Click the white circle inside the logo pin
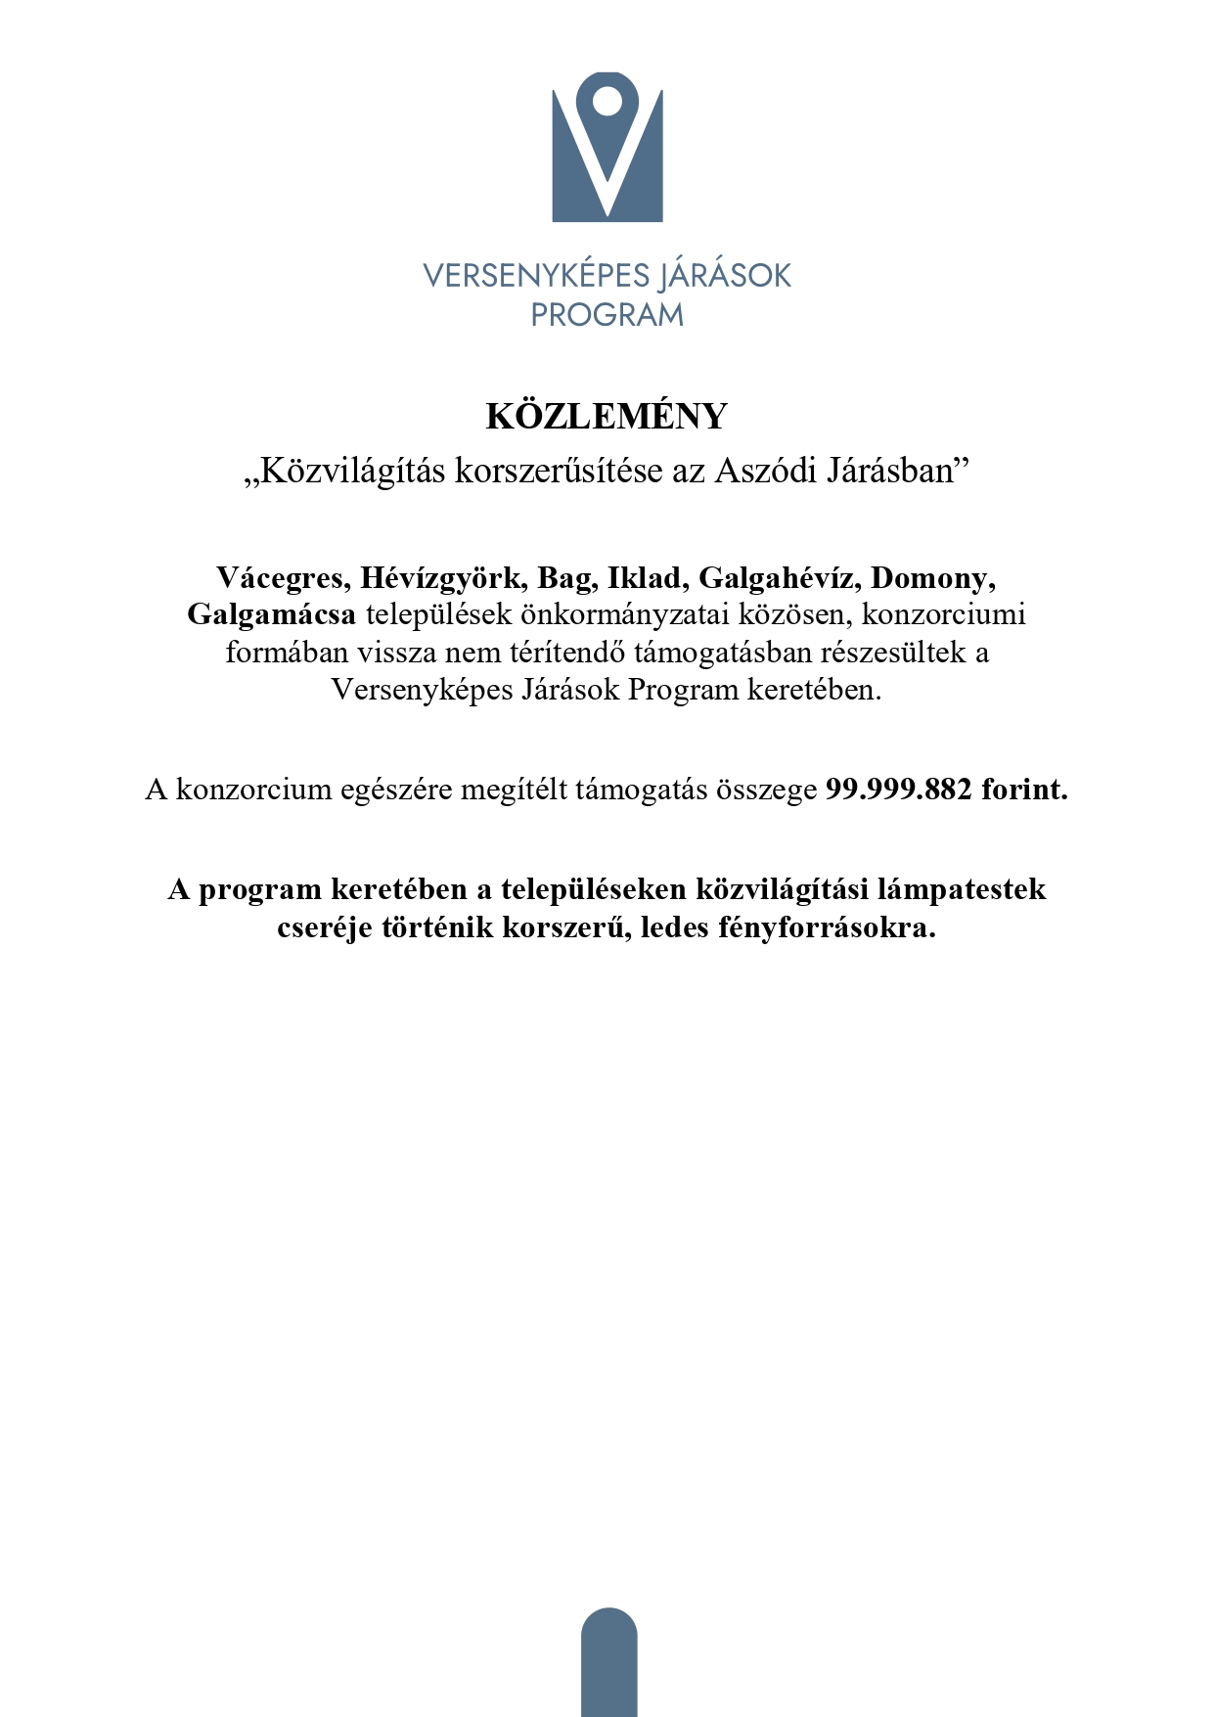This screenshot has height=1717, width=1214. pyautogui.click(x=607, y=100)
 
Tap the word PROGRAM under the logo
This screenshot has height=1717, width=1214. pyautogui.click(x=607, y=315)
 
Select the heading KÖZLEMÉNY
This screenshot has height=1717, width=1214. pyautogui.click(x=607, y=417)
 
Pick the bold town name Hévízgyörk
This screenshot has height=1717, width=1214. pyautogui.click(x=443, y=578)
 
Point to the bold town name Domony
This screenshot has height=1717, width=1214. pyautogui.click(x=932, y=578)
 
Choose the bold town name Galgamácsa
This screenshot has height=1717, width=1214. pyautogui.click(x=272, y=615)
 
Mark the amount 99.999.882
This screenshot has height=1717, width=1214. pyautogui.click(x=899, y=790)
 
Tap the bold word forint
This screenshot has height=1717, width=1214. pyautogui.click(x=1025, y=790)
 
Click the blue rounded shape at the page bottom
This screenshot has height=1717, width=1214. pyautogui.click(x=608, y=1663)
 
